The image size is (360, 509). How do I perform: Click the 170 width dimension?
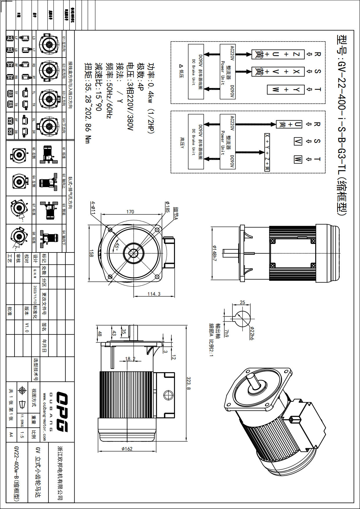point(130,212)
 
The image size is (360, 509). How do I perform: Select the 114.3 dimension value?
point(154,294)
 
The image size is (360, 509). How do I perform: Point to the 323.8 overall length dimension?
point(189,383)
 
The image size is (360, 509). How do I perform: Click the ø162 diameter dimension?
point(127,449)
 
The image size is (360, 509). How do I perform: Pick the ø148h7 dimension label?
point(214,253)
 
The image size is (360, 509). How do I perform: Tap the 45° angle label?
point(117,247)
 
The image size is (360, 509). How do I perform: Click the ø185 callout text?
point(167,207)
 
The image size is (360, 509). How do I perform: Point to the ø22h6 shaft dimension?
point(252,333)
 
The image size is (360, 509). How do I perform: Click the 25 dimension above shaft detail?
point(242,302)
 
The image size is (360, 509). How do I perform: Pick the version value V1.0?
point(27,327)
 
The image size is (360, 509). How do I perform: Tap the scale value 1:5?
point(22,435)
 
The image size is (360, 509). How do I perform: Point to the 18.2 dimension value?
point(130,359)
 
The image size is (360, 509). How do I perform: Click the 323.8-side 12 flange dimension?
point(173,357)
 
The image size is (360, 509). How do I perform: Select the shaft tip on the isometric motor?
point(250,377)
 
